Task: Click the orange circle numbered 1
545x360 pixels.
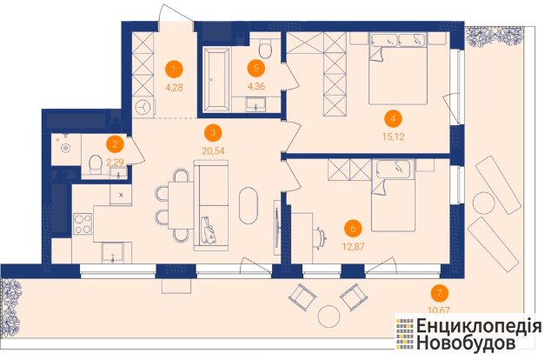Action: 174,70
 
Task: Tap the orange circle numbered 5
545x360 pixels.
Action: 256,68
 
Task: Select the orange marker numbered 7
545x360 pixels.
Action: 439,293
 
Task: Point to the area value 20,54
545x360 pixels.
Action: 213,151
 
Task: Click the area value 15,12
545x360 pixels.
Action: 394,137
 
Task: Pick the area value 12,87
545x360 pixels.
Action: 353,247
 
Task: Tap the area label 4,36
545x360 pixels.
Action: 256,86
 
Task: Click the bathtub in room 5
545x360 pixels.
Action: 217,80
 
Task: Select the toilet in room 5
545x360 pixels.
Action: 266,48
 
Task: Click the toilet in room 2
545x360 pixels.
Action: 95,165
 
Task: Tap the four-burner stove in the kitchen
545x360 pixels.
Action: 83,224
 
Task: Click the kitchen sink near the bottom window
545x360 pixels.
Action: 112,253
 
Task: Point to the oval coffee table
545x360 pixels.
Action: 249,206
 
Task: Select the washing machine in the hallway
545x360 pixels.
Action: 144,108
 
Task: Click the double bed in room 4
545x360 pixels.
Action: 398,69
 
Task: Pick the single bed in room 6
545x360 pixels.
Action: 394,196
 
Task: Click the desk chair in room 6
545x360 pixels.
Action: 320,238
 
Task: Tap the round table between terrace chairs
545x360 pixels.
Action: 329,317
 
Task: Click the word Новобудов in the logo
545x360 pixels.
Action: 466,343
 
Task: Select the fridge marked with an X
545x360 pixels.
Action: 121,195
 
